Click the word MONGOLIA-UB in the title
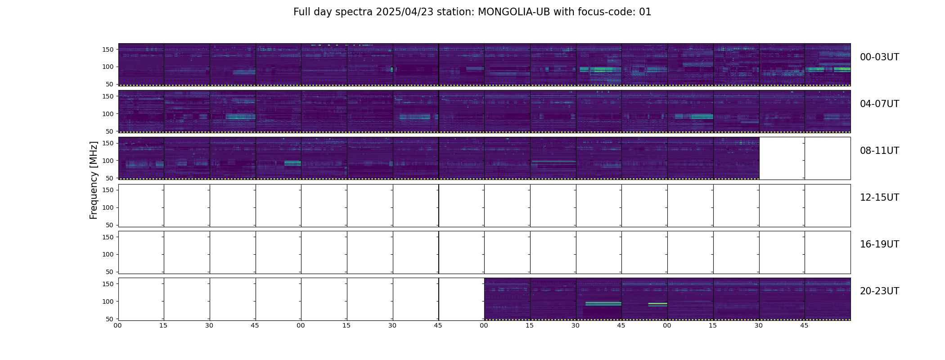pyautogui.click(x=514, y=12)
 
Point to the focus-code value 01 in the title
pyautogui.click(x=645, y=12)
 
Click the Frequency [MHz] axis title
pyautogui.click(x=94, y=180)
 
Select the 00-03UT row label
pyautogui.click(x=879, y=57)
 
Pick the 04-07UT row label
pyautogui.click(x=879, y=104)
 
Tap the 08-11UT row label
pyautogui.click(x=879, y=151)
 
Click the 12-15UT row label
pyautogui.click(x=879, y=198)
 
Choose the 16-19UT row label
pyautogui.click(x=879, y=244)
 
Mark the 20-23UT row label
pyautogui.click(x=879, y=291)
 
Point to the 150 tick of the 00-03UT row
pyautogui.click(x=108, y=49)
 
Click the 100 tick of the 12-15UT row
pyautogui.click(x=108, y=207)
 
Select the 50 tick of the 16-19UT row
pyautogui.click(x=110, y=272)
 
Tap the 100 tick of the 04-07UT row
pyautogui.click(x=108, y=114)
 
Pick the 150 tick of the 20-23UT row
pyautogui.click(x=108, y=284)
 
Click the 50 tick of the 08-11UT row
pyautogui.click(x=110, y=178)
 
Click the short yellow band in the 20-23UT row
pyautogui.click(x=657, y=304)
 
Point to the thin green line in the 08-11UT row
pyautogui.click(x=553, y=161)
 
